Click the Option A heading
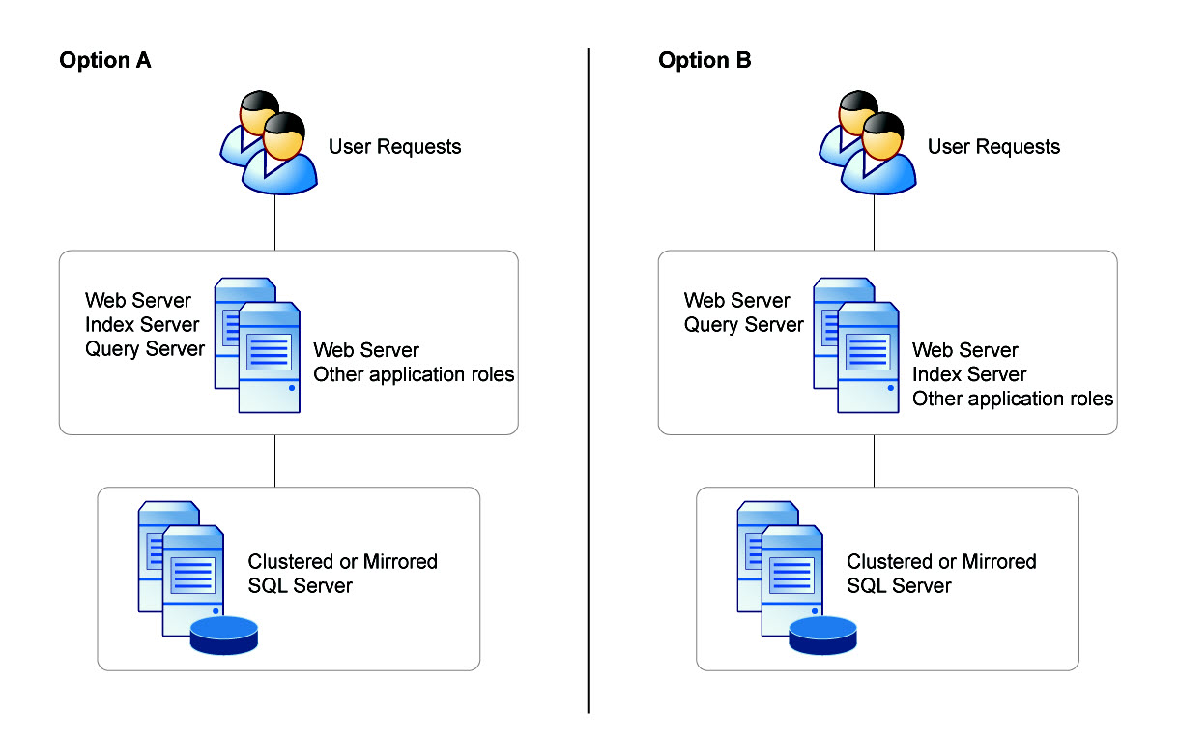point(104,60)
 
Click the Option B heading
point(705,60)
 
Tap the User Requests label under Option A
point(394,147)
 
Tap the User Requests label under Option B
point(993,147)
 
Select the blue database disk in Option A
point(224,634)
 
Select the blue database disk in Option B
point(823,634)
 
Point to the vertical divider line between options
point(588,387)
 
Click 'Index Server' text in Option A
point(142,324)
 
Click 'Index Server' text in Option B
point(969,374)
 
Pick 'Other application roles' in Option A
point(414,374)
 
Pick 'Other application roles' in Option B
point(1013,399)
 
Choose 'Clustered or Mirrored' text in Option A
point(343,561)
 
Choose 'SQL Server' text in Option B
point(900,586)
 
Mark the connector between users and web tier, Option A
point(276,222)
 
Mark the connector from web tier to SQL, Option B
point(875,460)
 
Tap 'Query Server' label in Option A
point(145,348)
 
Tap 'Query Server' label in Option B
point(744,325)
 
